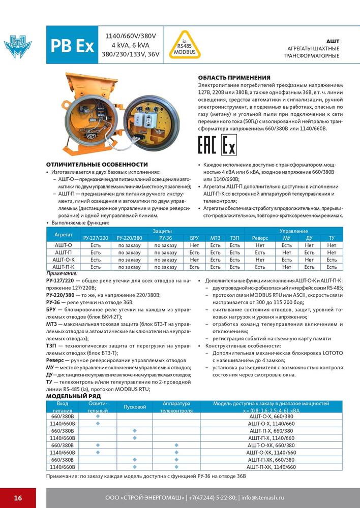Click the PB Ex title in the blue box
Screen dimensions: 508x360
pos(72,46)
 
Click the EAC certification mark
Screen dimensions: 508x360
pos(207,146)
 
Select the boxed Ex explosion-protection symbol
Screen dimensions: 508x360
pos(229,146)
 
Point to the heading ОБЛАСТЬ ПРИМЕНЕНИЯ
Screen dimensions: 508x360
pos(234,77)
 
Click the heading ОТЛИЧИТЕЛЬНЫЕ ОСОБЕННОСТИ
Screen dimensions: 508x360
pos(97,165)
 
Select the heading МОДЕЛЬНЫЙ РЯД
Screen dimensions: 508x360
pos(73,396)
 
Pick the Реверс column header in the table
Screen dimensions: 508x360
pos(260,238)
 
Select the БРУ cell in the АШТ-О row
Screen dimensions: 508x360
pos(194,245)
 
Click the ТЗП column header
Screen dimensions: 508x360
pos(234,238)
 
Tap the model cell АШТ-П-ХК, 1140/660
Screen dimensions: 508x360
pos(270,467)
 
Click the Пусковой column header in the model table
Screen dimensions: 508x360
pos(135,407)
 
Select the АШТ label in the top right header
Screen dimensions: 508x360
pos(333,41)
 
